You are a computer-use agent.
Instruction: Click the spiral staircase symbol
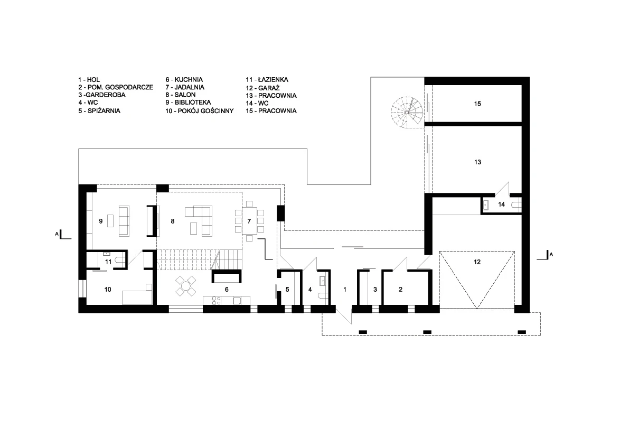407,113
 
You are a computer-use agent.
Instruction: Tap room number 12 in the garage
477,262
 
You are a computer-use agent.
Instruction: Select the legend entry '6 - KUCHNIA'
184,79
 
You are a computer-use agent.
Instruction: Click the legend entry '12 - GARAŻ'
263,88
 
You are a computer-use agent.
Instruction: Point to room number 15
477,104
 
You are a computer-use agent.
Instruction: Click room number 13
477,162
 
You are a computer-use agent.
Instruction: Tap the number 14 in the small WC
501,204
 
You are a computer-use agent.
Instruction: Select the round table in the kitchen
186,286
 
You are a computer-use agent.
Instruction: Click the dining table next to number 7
249,220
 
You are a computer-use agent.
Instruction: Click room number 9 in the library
101,221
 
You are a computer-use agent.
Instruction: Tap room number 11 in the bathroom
108,262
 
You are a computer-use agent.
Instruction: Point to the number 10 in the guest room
108,289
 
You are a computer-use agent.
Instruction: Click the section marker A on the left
57,234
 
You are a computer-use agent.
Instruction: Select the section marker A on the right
551,254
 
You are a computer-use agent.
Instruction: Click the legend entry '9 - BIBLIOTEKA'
188,103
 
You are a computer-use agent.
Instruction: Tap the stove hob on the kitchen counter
217,300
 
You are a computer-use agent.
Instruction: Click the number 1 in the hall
344,289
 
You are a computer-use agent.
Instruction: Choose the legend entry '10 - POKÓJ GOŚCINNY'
200,111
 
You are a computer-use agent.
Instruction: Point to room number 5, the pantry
287,289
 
